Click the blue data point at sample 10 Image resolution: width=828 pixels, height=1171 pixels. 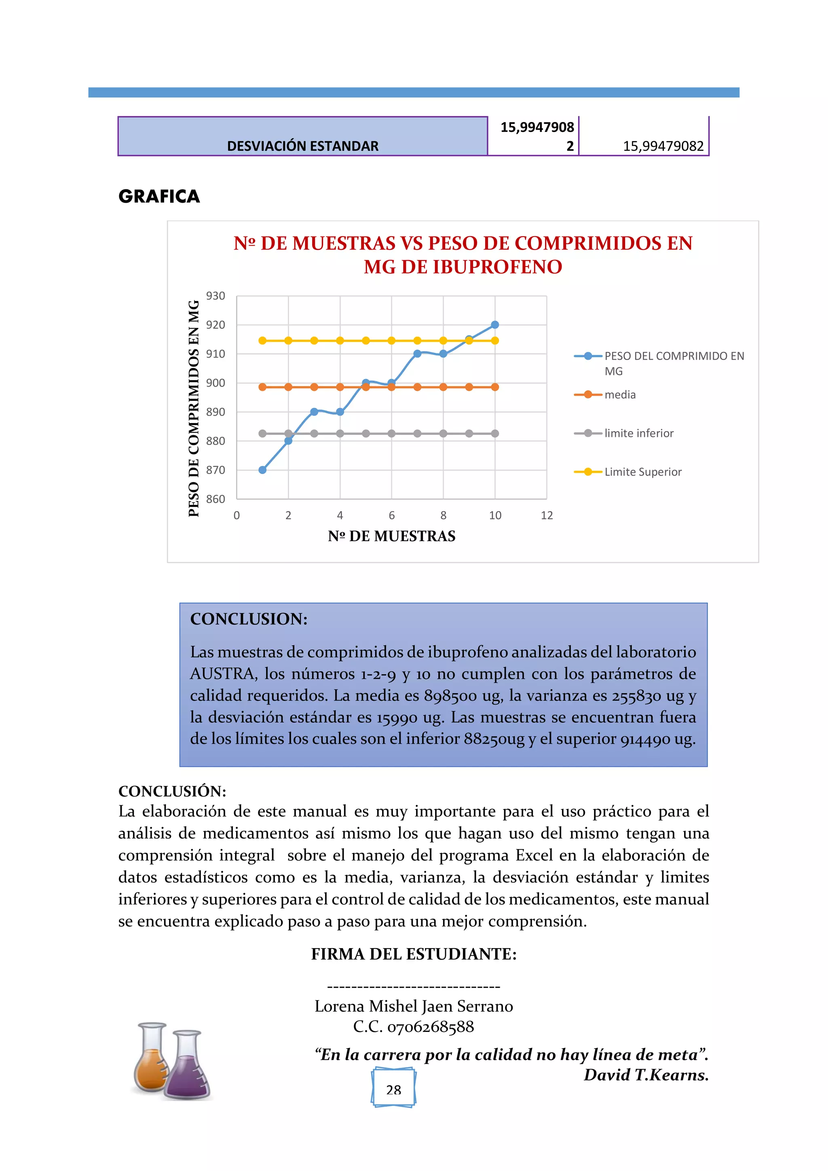click(494, 324)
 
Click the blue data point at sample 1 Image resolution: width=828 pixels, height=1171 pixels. click(262, 470)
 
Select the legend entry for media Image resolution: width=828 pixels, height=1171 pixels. click(619, 394)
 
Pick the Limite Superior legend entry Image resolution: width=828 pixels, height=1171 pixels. click(642, 472)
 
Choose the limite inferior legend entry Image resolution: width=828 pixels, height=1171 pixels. click(638, 433)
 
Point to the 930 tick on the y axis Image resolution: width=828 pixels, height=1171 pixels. click(215, 296)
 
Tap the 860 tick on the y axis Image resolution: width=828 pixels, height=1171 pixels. click(215, 499)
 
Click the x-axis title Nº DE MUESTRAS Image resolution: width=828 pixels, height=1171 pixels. click(392, 536)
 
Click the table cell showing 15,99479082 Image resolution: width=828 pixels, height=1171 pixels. click(663, 146)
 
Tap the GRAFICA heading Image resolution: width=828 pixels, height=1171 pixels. click(159, 196)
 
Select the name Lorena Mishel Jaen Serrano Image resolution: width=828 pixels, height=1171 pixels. click(414, 1006)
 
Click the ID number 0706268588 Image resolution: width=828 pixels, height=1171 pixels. click(430, 1027)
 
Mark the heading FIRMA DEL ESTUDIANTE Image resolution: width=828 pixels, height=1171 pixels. click(414, 954)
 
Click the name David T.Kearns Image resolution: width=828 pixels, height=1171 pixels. click(646, 1075)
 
